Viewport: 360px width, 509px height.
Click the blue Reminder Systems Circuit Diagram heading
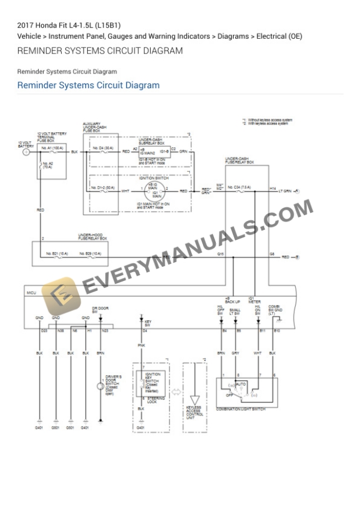pyautogui.click(x=88, y=85)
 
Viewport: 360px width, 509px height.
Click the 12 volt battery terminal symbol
pyautogui.click(x=26, y=152)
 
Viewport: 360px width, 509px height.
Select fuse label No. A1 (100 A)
pyautogui.click(x=53, y=148)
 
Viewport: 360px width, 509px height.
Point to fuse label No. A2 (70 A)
pyautogui.click(x=48, y=165)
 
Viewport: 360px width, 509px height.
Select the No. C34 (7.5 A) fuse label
pyautogui.click(x=239, y=187)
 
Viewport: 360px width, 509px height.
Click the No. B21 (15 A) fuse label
pyautogui.click(x=58, y=253)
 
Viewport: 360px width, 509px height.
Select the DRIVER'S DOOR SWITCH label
pyautogui.click(x=113, y=384)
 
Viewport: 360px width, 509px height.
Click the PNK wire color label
pyautogui.click(x=141, y=346)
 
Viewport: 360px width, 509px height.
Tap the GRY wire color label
pyautogui.click(x=235, y=353)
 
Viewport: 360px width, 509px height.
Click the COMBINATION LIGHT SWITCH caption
pyautogui.click(x=241, y=408)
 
